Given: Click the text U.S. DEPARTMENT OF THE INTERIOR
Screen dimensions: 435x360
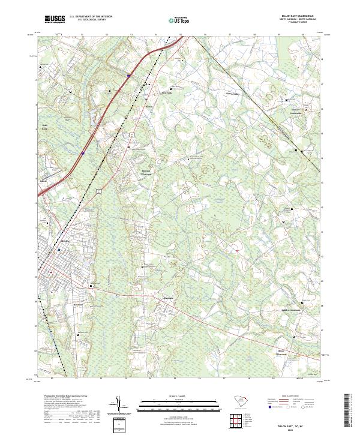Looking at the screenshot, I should pyautogui.click(x=91, y=17).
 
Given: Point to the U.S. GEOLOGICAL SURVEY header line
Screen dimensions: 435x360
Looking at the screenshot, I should pyautogui.click(x=91, y=20).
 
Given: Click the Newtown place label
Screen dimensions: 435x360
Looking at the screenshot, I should pyautogui.click(x=78, y=304).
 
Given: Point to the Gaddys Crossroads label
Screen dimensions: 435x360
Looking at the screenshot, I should pyautogui.click(x=291, y=310).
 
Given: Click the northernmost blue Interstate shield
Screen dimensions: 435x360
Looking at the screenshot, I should pyautogui.click(x=128, y=76).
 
